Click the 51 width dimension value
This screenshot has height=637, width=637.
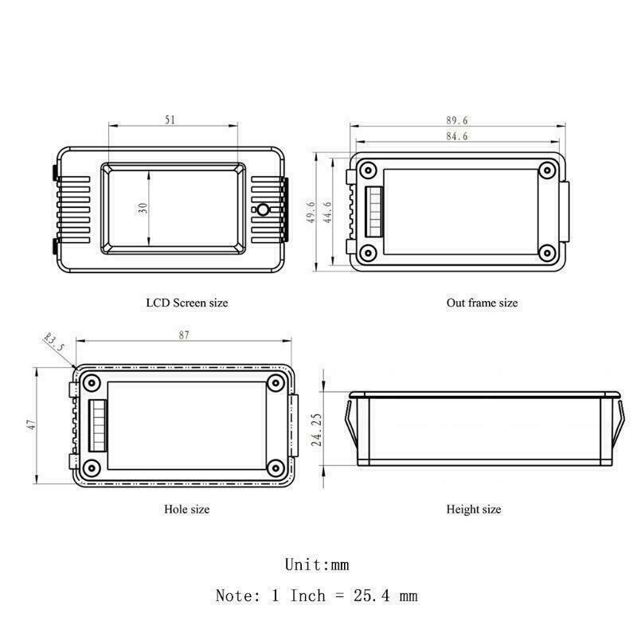point(170,119)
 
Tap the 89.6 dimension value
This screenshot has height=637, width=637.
point(458,120)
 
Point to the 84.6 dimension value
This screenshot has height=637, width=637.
point(458,137)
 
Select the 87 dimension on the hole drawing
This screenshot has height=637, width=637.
point(184,336)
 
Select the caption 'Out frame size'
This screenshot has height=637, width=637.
point(482,303)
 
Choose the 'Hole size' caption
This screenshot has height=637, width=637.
point(186,508)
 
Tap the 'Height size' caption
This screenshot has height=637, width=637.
point(474,509)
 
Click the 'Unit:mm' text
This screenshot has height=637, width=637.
point(317,565)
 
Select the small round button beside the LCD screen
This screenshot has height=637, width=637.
point(262,210)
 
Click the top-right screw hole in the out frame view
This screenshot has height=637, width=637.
point(547,170)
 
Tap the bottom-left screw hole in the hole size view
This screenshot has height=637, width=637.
point(92,466)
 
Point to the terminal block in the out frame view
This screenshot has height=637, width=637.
point(372,211)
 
